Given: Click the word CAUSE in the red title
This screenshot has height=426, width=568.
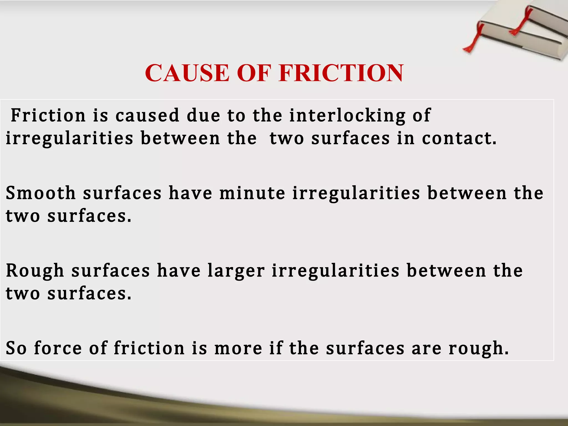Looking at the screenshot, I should click(x=187, y=73).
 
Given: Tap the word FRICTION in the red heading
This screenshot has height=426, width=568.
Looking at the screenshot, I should click(x=341, y=73).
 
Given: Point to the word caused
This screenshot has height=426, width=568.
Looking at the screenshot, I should click(x=148, y=115).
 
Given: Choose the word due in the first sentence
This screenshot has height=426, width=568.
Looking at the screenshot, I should click(x=204, y=115).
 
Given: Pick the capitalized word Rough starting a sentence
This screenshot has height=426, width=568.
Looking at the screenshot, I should click(x=35, y=271).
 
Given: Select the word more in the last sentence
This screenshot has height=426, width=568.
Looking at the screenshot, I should click(x=238, y=348).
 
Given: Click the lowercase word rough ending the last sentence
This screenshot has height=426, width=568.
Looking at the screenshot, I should click(x=478, y=348).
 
